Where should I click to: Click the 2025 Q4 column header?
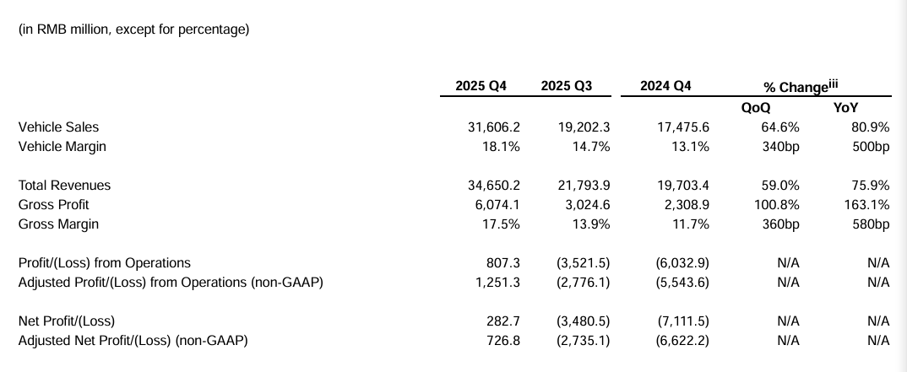click(x=481, y=86)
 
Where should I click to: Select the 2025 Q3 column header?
click(x=567, y=86)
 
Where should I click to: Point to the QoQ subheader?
click(x=756, y=108)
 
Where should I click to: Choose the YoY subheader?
click(x=845, y=108)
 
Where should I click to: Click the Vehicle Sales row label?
click(x=58, y=127)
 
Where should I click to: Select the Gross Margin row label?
click(x=58, y=224)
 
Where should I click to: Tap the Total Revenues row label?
click(x=64, y=186)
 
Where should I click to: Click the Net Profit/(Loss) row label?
click(x=66, y=321)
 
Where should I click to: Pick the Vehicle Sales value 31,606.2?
click(x=493, y=127)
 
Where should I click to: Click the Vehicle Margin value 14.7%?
click(x=591, y=147)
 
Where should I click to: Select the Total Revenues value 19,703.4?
click(x=682, y=186)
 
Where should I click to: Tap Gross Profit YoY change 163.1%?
click(x=871, y=205)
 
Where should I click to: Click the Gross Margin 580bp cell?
click(x=872, y=224)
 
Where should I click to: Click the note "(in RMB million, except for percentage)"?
click(x=133, y=30)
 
